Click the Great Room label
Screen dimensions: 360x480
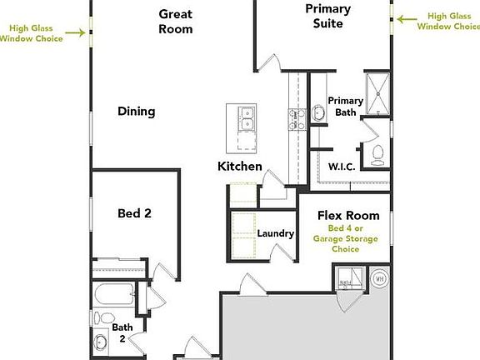(176, 22)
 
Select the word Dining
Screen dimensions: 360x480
(136, 111)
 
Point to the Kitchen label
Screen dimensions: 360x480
(240, 167)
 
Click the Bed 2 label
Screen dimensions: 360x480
(134, 213)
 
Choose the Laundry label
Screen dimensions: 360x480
(275, 234)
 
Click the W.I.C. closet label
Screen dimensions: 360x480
(342, 167)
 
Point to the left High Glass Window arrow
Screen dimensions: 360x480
(81, 32)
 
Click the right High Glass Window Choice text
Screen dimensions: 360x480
(448, 21)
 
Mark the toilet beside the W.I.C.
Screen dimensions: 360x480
(377, 152)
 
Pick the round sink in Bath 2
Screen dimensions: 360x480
(102, 341)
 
